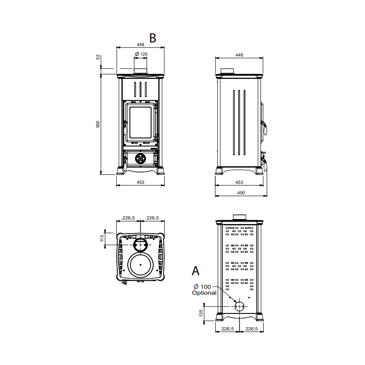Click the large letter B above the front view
tap(153, 38)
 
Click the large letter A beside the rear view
tap(196, 271)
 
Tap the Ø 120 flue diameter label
tap(141, 54)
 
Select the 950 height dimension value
tap(98, 124)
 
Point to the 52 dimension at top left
tap(98, 57)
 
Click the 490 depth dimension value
tap(241, 193)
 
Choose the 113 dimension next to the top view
tap(102, 238)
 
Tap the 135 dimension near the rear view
tap(201, 313)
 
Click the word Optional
tap(204, 293)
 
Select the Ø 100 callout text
tap(202, 287)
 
